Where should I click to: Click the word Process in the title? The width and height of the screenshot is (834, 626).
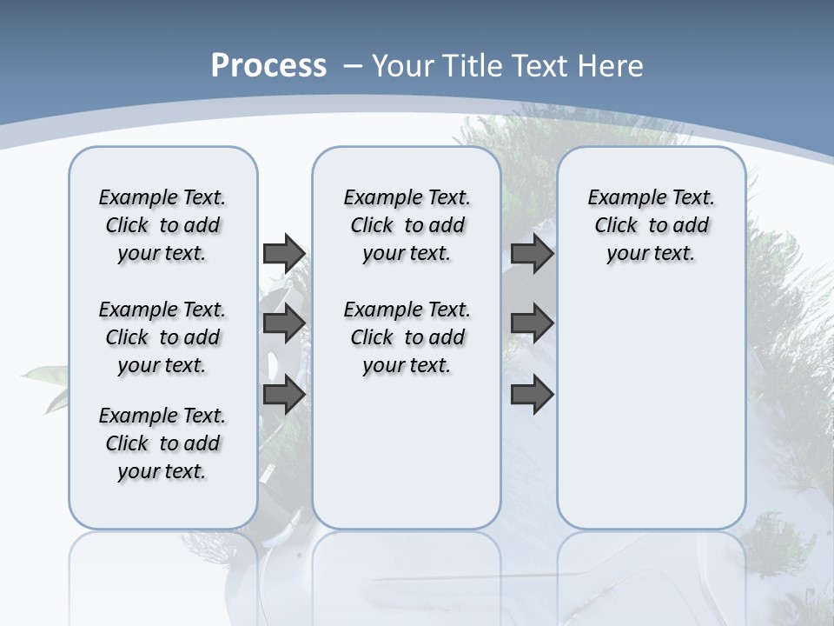pos(268,66)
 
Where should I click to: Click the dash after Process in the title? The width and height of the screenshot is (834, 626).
pos(353,67)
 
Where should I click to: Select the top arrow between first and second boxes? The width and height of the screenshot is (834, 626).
pos(284,253)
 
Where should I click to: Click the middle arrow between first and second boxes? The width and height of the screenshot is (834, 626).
pos(284,324)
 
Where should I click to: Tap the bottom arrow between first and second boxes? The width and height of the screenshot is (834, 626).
pos(284,394)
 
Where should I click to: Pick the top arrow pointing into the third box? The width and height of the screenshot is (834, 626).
pos(532,253)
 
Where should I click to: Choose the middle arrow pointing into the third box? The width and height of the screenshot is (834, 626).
pos(532,324)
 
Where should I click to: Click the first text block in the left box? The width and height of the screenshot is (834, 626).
pos(162,225)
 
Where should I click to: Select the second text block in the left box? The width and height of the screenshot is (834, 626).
pos(162,337)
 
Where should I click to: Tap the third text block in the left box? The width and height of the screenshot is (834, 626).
pos(162,443)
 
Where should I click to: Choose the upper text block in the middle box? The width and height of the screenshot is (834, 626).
pos(407,225)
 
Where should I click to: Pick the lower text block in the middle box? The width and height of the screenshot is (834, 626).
pos(407,337)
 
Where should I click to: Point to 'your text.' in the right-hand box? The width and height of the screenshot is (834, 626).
pos(651,254)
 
